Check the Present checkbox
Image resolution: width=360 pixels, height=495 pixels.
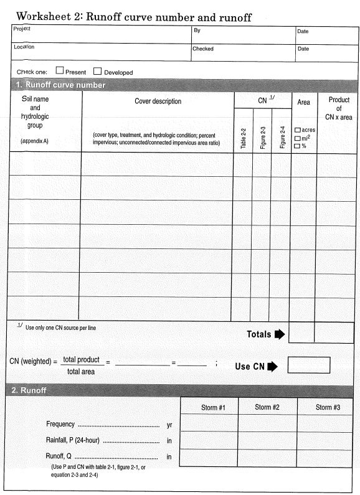pyautogui.click(x=60, y=72)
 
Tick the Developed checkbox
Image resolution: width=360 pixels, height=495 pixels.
pyautogui.click(x=98, y=72)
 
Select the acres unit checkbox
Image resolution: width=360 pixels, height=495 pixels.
pyautogui.click(x=297, y=130)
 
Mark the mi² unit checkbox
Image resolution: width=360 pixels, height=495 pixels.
pyautogui.click(x=297, y=138)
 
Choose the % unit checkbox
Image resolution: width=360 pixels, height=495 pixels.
pyautogui.click(x=297, y=146)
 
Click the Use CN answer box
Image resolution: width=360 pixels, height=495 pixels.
pyautogui.click(x=308, y=365)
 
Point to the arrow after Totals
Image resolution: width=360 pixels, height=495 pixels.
pyautogui.click(x=279, y=334)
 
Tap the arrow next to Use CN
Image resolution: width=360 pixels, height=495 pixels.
pyautogui.click(x=272, y=366)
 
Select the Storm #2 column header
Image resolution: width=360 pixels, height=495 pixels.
pyautogui.click(x=268, y=407)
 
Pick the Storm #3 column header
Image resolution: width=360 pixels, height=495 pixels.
pyautogui.click(x=328, y=407)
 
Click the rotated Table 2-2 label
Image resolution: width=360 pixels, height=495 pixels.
pyautogui.click(x=243, y=138)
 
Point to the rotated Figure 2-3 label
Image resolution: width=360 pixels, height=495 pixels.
pyautogui.click(x=262, y=138)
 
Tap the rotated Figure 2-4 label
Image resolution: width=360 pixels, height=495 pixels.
pyautogui.click(x=282, y=138)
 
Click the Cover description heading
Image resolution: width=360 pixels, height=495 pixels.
pyautogui.click(x=158, y=101)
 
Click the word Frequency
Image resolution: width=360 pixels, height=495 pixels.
pyautogui.click(x=60, y=424)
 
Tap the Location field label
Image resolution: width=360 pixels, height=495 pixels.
pyautogui.click(x=24, y=47)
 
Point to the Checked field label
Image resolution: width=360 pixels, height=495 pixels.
pyautogui.click(x=203, y=49)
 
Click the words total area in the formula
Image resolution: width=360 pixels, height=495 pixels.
pyautogui.click(x=81, y=372)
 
